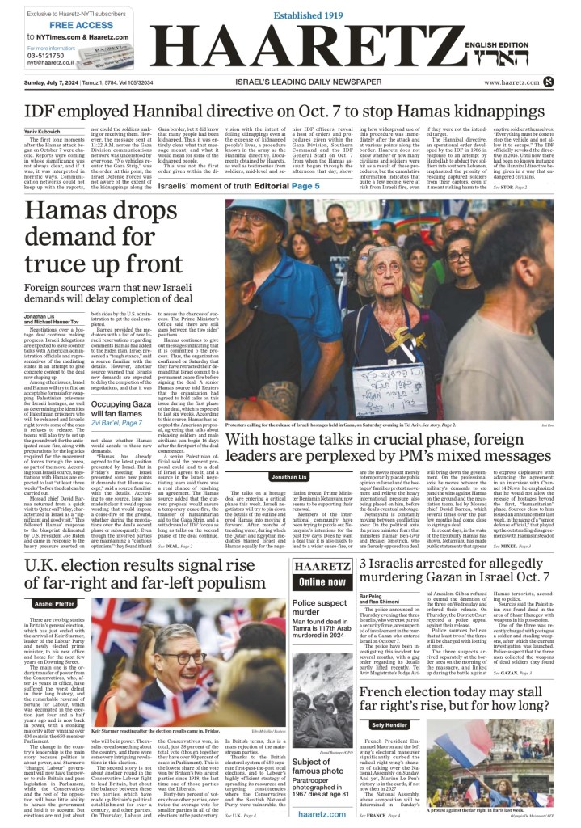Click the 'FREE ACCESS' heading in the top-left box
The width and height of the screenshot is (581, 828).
pos(61,25)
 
